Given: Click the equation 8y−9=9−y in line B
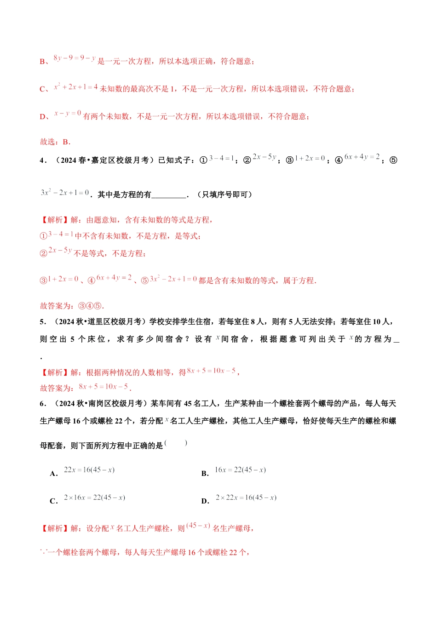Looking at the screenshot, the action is point(75,58).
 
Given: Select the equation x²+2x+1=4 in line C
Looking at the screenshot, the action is point(76,86).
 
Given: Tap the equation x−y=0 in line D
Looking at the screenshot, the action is point(68,113).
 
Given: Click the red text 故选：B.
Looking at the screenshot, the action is point(55,142).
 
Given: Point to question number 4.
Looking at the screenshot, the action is point(43,160).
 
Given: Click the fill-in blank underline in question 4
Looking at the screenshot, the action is point(169,195).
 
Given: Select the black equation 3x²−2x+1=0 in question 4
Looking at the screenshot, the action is point(65,193).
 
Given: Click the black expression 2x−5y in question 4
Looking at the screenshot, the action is point(264,157).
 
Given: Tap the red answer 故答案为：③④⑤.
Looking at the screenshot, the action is point(72,306).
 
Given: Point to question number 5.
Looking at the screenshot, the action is point(43,322).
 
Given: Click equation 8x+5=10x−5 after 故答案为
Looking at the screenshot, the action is point(103,387).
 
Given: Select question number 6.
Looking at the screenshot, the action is point(43,404).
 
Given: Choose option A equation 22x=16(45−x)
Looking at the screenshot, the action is point(89,470).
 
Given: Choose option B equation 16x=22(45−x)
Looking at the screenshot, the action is point(240,470).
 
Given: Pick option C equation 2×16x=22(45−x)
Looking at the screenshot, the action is point(94,498).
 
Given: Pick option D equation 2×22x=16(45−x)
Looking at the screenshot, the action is point(246,498).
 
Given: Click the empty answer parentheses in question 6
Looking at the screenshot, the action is point(176,443).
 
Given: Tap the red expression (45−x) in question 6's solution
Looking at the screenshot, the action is point(198,526).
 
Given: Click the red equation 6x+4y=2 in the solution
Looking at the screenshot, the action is point(114,278).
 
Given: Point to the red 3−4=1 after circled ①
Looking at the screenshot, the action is point(61,234).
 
